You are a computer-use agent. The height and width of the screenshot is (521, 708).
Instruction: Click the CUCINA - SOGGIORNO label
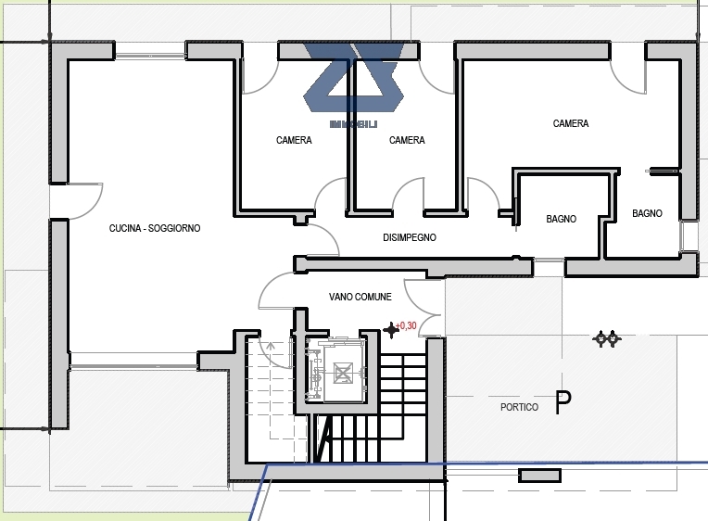click(x=155, y=228)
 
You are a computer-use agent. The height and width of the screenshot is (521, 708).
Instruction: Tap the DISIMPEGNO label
click(x=410, y=237)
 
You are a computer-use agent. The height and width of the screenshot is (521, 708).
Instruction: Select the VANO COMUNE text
click(x=360, y=297)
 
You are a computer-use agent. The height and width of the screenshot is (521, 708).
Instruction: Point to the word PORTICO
click(x=519, y=407)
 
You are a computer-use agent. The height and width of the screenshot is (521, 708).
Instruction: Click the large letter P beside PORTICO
click(x=563, y=402)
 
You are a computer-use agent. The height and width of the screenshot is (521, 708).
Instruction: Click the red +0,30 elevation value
click(x=406, y=325)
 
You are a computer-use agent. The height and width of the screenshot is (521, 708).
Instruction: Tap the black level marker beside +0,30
click(x=390, y=330)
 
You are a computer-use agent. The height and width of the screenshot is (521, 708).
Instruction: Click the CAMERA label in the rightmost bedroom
click(x=571, y=123)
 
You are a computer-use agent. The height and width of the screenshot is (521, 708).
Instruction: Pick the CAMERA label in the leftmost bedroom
click(x=294, y=140)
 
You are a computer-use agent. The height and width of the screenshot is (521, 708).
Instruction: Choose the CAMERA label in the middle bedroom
click(x=407, y=140)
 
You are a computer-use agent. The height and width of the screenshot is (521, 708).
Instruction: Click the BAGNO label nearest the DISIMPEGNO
click(x=562, y=219)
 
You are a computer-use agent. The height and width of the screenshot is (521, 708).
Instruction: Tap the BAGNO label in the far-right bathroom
click(x=647, y=213)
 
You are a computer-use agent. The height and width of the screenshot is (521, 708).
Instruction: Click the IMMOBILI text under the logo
click(x=354, y=124)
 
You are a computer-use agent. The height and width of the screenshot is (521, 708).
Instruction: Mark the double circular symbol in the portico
click(x=606, y=338)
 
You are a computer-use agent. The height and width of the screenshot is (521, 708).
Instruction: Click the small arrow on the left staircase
click(x=270, y=347)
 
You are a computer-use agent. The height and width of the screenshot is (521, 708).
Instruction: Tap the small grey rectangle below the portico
click(x=539, y=476)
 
